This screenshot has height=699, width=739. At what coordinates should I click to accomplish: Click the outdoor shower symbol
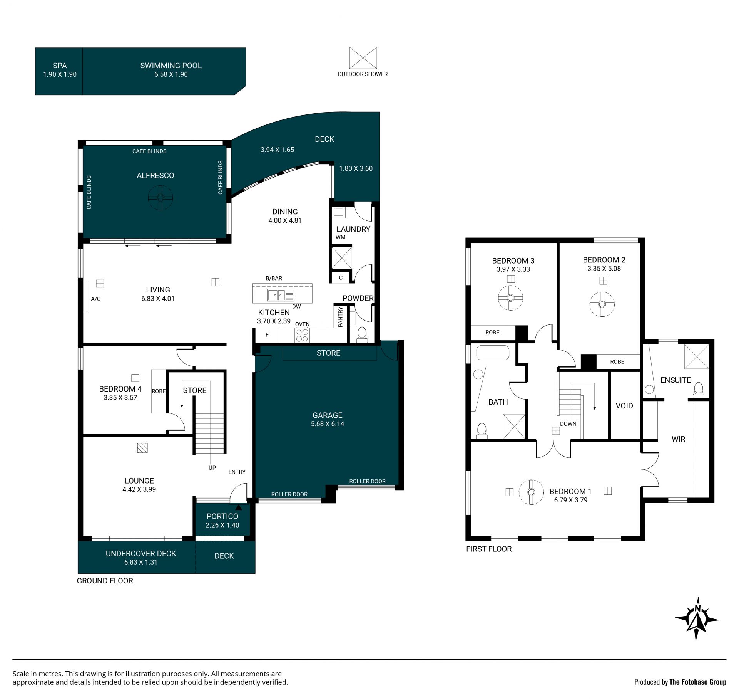[x=363, y=58]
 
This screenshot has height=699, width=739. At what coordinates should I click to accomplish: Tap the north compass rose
[x=697, y=619]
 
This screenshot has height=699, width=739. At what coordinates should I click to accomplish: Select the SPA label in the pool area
[x=60, y=66]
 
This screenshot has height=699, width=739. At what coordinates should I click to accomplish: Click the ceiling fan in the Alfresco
[x=161, y=198]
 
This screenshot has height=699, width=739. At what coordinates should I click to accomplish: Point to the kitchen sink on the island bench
[x=281, y=295]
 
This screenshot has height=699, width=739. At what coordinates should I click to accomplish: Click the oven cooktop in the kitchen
[x=302, y=335]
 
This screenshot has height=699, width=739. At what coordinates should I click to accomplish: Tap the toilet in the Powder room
[x=362, y=334]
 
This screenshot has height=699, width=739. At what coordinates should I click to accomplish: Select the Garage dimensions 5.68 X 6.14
[x=328, y=424]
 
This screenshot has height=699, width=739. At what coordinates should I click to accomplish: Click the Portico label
[x=222, y=516]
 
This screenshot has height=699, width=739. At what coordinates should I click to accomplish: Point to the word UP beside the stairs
[x=212, y=468]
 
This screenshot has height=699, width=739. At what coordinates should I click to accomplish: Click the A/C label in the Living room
[x=96, y=299]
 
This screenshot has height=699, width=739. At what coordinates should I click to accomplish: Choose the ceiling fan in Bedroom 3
[x=510, y=298]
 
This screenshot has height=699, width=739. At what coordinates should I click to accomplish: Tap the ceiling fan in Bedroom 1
[x=531, y=492]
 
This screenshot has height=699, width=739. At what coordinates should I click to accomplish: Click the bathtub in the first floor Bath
[x=493, y=353]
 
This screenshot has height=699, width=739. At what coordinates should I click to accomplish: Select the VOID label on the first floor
[x=624, y=406]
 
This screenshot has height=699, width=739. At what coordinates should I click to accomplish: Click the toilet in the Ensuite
[x=699, y=390]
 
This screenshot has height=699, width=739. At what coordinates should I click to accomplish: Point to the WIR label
[x=679, y=439]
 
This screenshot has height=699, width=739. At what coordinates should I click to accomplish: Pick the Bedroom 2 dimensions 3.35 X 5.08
[x=604, y=269]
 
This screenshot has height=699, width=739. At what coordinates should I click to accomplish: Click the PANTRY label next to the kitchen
[x=340, y=317]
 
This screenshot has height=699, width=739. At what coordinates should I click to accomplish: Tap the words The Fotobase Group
[x=698, y=682]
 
